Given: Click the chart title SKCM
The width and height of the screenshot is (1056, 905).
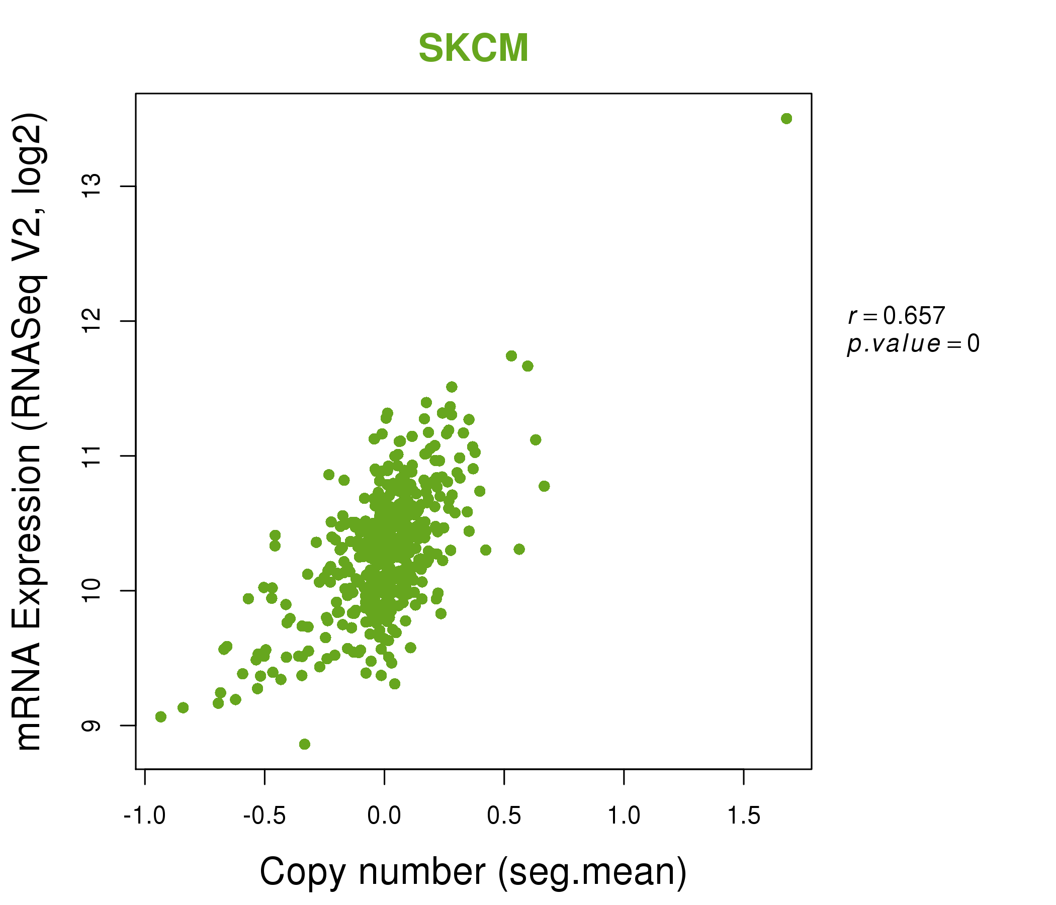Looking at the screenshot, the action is [x=473, y=48].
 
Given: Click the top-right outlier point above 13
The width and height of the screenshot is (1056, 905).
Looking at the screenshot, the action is [x=786, y=119].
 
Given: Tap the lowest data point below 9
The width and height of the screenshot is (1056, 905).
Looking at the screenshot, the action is [x=305, y=744].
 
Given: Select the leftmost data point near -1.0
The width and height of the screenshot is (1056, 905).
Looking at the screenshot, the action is [x=161, y=717].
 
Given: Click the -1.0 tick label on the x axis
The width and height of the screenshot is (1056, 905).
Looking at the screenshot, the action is [x=145, y=816].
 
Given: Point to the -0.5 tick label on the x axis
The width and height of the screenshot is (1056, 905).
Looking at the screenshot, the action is [x=265, y=816].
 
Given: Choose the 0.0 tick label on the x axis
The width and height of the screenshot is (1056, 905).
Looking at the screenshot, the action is [x=384, y=816].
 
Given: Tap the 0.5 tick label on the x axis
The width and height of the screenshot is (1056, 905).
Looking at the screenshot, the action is [x=504, y=816].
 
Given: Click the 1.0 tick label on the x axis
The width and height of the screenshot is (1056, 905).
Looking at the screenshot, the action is [x=624, y=816].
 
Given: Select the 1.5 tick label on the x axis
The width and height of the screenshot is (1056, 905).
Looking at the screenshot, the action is [x=744, y=816].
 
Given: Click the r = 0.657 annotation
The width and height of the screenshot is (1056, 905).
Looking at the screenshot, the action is [x=897, y=316].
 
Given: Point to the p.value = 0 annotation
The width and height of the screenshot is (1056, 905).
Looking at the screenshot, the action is [x=913, y=344].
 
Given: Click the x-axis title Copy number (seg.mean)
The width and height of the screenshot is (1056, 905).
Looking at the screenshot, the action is [x=473, y=872].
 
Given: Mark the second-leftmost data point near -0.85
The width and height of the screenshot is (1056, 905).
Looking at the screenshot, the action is [x=183, y=708].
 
